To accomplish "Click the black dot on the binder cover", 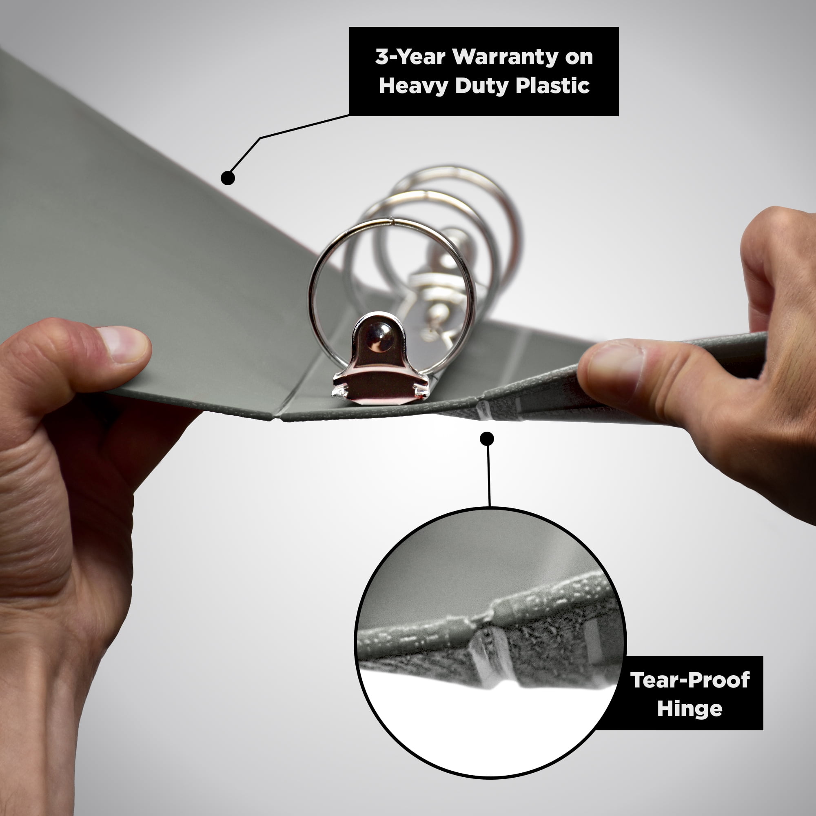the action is click(x=228, y=178).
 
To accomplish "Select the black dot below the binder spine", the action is click(x=487, y=439).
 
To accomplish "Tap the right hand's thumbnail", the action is click(x=615, y=365).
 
